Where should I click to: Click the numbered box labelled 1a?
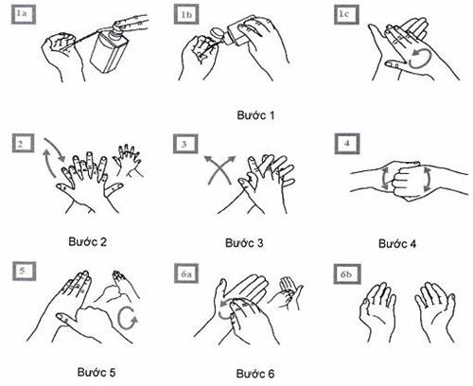click(24, 14)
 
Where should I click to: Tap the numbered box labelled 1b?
click(185, 14)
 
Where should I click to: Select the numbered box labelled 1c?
click(346, 14)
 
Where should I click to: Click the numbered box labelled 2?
click(24, 144)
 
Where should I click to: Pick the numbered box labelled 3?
click(185, 144)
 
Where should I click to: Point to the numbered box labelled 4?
click(347, 144)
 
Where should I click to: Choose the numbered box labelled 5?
click(24, 271)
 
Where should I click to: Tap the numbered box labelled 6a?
click(186, 273)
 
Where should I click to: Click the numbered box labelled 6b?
click(347, 274)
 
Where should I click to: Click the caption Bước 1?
click(255, 115)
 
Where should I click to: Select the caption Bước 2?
click(87, 242)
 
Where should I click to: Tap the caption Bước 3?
click(244, 243)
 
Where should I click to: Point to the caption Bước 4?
click(397, 244)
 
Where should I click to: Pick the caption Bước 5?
click(96, 372)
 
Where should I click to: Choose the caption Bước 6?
click(255, 374)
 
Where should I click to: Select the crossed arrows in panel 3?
click(219, 170)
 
